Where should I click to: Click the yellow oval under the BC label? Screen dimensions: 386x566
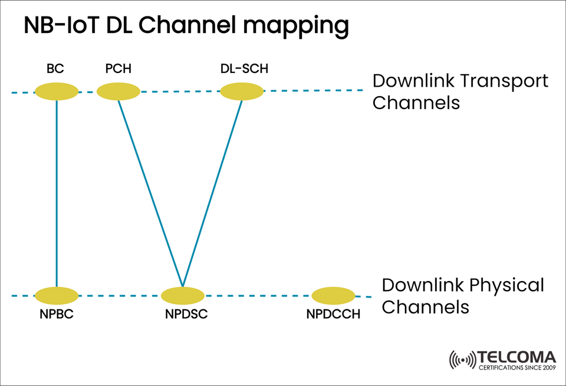pos(57,91)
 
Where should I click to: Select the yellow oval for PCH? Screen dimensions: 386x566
pos(118,91)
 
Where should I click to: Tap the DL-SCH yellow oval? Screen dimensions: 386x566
pos(242,91)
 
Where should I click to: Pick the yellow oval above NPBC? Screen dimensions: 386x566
pos(57,295)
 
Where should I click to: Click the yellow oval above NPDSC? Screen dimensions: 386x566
pos(183,295)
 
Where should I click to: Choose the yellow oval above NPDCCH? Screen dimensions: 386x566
pos(333,295)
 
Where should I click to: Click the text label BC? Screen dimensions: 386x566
pos(55,69)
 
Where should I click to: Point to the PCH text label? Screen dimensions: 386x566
pos(118,69)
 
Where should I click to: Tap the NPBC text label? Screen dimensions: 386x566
pos(57,314)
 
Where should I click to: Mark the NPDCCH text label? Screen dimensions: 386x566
pos(333,314)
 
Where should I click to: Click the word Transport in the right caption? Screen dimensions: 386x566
pos(502,81)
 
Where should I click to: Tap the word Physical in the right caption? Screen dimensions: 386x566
pos(506,285)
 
